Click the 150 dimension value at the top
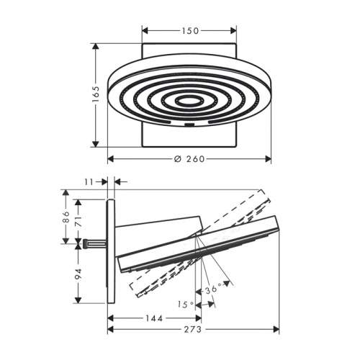[x=190, y=31]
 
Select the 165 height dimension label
[x=96, y=94]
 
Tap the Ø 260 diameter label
[x=189, y=159]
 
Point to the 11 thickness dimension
[x=89, y=182]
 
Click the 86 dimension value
[x=66, y=217]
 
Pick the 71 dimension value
[x=78, y=221]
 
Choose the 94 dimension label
[x=78, y=274]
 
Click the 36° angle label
[x=213, y=289]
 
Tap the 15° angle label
[x=186, y=305]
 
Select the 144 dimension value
[x=154, y=318]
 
